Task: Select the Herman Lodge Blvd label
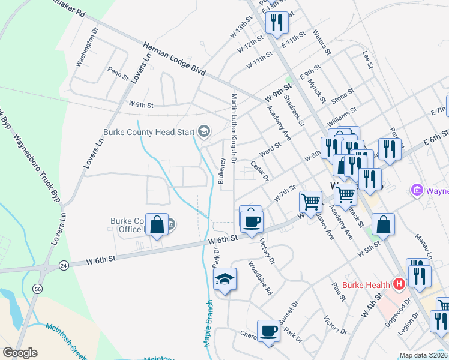[174, 59]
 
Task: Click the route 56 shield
[39, 289]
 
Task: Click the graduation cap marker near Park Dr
[225, 280]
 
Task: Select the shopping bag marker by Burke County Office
[157, 225]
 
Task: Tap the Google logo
[20, 353]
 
